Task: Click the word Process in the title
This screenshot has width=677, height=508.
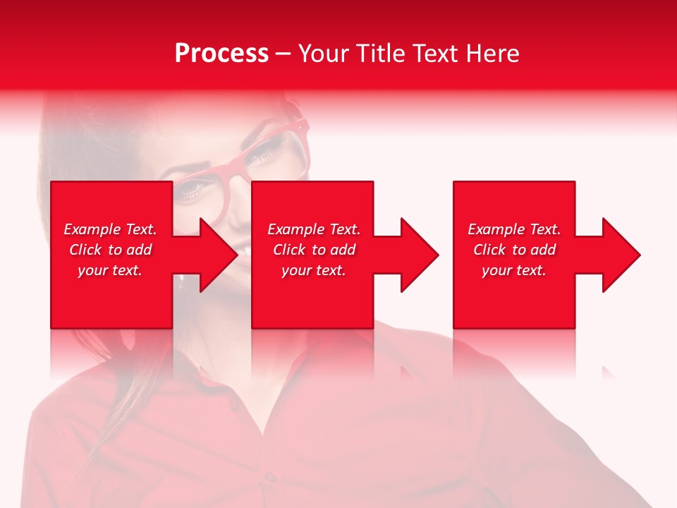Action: [221, 53]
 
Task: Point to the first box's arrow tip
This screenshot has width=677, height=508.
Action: [237, 255]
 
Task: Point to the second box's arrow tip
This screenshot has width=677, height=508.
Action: [437, 255]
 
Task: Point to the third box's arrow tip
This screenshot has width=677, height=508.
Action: [639, 255]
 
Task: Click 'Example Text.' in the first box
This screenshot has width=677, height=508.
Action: [110, 229]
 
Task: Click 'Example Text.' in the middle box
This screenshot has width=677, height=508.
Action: [314, 229]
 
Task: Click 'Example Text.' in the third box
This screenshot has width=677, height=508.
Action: [514, 229]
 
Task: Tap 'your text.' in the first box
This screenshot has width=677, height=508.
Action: [110, 270]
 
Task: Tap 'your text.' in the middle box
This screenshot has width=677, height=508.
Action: [314, 270]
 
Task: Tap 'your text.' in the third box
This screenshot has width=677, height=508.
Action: [514, 270]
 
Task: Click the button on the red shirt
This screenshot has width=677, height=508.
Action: [271, 477]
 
